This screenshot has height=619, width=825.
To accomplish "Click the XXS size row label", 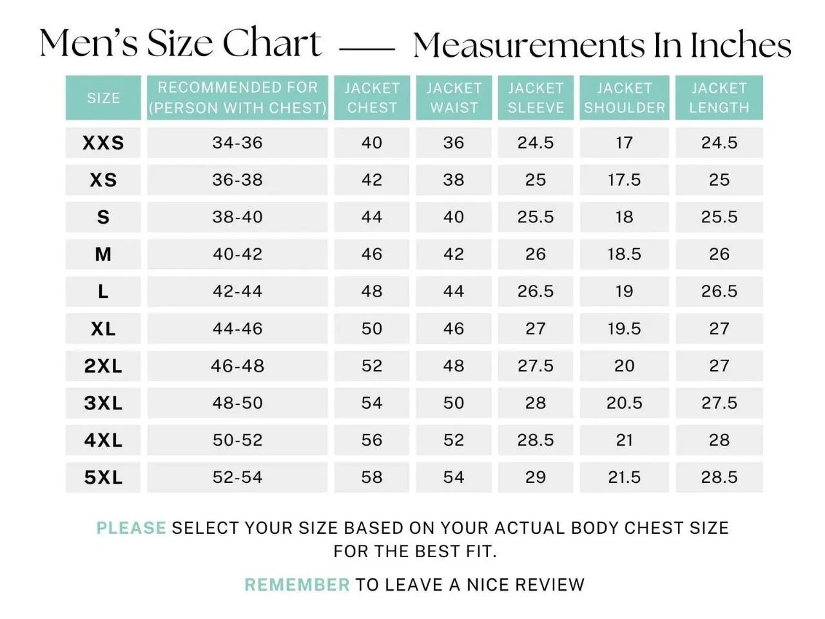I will (103, 142).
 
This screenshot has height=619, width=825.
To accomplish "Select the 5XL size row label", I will (103, 477).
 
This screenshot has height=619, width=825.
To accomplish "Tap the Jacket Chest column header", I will (372, 97).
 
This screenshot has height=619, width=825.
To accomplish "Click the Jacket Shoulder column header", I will (624, 97).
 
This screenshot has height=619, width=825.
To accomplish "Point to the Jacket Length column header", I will (719, 97).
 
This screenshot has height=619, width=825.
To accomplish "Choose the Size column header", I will (103, 98).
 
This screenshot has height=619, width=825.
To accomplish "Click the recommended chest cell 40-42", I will (237, 254).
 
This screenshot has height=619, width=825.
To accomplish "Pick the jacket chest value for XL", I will (372, 328).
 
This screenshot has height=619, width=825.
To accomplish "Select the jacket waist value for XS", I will (453, 180).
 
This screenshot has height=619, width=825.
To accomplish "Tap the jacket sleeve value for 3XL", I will (535, 403).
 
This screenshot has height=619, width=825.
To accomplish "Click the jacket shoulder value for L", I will (624, 291).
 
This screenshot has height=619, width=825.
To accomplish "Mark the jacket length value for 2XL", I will (719, 366).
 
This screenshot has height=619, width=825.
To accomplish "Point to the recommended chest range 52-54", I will (237, 477).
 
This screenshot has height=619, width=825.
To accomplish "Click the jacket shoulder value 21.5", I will (624, 477).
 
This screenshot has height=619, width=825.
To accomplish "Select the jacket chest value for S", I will (372, 217).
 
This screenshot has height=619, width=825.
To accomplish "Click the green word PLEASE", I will (131, 528).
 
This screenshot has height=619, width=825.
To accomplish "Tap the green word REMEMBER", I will (296, 585).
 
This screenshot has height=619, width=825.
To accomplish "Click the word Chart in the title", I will (271, 44).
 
